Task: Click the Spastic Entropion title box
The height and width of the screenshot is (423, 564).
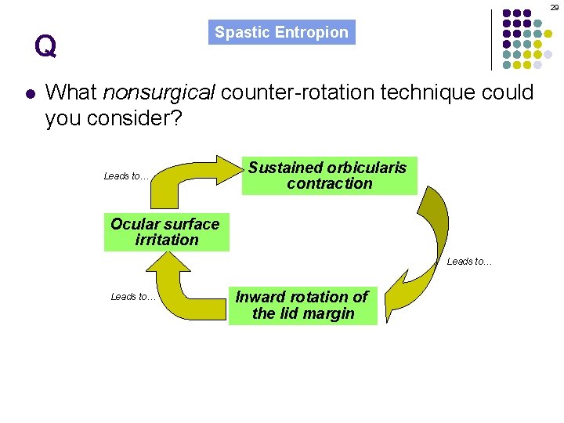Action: (281, 32)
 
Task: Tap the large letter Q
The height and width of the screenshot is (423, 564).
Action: (45, 48)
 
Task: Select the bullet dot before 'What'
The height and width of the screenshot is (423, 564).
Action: (29, 94)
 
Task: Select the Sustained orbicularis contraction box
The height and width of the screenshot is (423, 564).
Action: (329, 175)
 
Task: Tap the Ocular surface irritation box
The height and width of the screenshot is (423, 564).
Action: (166, 232)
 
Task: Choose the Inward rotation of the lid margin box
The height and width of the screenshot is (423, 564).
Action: (302, 305)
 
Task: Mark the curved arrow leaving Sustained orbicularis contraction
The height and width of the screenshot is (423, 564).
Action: (434, 235)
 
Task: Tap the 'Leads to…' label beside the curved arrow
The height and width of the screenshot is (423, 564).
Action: (469, 262)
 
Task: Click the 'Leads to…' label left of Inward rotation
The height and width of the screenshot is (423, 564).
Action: (133, 296)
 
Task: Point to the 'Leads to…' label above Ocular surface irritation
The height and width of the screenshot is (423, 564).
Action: (126, 176)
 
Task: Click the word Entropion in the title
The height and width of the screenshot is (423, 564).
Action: (316, 32)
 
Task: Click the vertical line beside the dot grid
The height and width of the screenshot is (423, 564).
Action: (491, 39)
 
